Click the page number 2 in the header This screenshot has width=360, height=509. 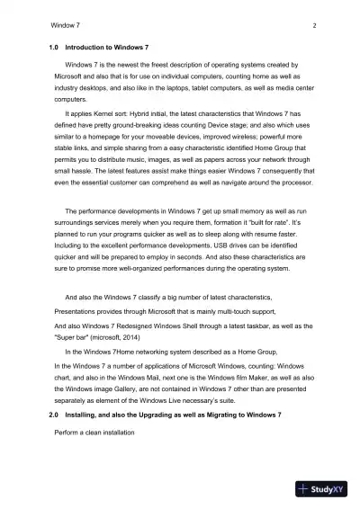(x=313, y=27)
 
